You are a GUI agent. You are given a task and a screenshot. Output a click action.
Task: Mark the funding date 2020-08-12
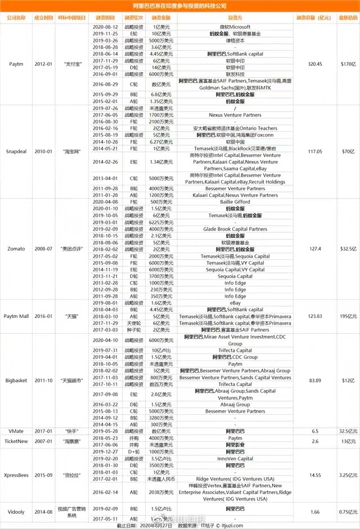pos(105,27)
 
